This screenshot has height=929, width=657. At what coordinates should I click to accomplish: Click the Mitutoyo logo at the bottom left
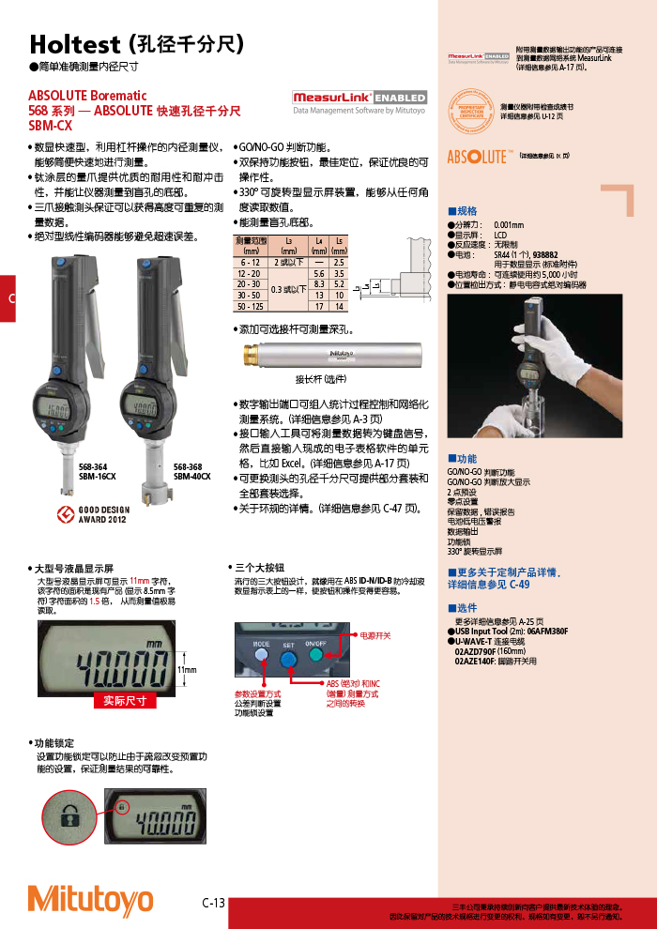coord(90,898)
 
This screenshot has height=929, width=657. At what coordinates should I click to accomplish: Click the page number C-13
coord(214,903)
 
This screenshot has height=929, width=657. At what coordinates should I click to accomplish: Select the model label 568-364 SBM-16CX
coord(98,472)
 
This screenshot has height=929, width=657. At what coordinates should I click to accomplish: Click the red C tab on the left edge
coord(8,298)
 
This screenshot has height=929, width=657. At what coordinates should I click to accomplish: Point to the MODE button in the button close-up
coord(261,645)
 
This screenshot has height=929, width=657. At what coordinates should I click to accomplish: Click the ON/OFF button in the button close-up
coord(314,645)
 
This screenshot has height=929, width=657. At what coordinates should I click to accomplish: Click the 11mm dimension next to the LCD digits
coord(187,670)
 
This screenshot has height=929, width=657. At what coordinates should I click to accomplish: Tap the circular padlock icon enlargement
coord(70,813)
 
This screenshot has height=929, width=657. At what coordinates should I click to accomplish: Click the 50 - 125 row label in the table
coord(251,307)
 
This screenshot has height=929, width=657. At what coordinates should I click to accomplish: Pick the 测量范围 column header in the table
coord(251,246)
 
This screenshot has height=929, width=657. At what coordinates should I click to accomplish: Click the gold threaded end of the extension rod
coord(252,356)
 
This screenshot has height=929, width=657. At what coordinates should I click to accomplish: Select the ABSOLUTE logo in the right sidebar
coord(481,157)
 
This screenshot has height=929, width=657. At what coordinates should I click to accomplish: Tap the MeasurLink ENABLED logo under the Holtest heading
coord(359,98)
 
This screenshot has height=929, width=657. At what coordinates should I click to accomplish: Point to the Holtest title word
coord(74,44)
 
